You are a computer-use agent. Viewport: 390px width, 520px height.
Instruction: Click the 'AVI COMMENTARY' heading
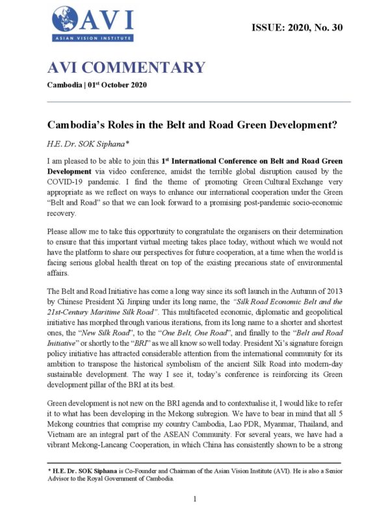point(126,68)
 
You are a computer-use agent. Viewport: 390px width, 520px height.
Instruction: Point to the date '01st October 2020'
point(128,86)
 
